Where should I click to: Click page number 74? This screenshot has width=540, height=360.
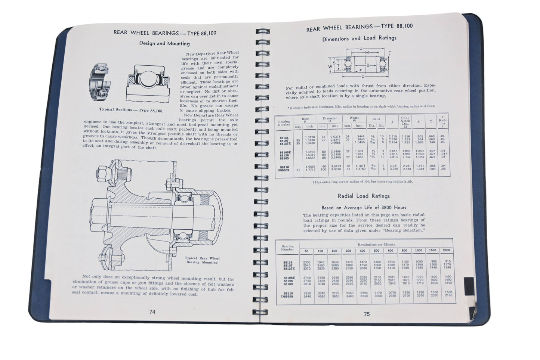(x=152, y=312)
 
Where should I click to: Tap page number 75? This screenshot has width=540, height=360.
(x=367, y=314)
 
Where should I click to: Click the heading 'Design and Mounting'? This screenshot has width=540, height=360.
(x=164, y=43)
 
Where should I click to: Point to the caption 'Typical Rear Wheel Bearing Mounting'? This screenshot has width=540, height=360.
(x=202, y=260)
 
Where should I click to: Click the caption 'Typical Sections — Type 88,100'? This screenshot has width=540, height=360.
(x=131, y=110)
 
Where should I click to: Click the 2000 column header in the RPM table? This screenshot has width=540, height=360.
(x=447, y=251)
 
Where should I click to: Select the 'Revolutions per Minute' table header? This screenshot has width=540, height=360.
(x=376, y=244)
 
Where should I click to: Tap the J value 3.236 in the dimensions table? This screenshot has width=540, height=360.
(x=393, y=169)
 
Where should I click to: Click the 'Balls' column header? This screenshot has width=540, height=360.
(x=376, y=119)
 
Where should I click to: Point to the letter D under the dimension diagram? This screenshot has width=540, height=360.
(x=362, y=76)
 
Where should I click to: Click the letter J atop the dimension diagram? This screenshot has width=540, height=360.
(x=361, y=48)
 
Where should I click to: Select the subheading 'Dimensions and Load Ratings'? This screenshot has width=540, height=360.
(x=359, y=38)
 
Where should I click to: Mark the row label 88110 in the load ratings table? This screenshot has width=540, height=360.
(x=288, y=293)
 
